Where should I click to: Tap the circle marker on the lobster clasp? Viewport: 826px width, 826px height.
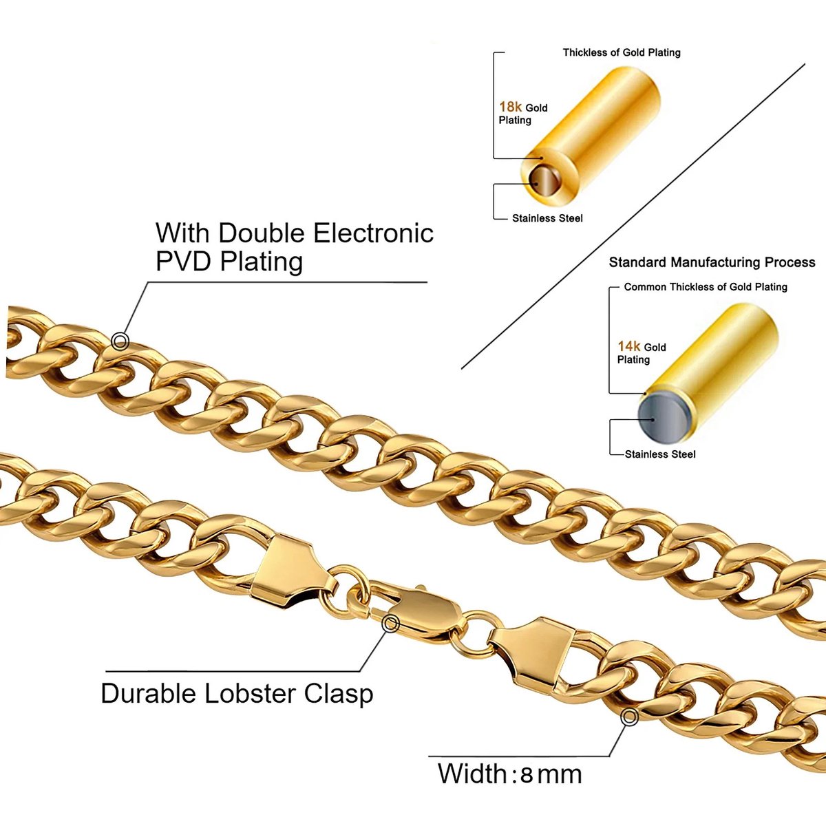(391, 624)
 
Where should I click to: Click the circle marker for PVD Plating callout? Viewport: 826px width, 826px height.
(120, 341)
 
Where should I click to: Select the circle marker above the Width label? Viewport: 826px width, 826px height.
(629, 717)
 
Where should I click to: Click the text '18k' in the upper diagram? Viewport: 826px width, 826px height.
(511, 107)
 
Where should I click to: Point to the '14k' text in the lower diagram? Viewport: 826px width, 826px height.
(629, 346)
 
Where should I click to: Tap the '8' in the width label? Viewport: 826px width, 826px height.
(527, 775)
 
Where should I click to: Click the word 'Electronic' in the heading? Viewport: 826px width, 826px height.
(374, 233)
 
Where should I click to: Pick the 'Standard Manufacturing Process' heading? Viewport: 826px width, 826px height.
(712, 262)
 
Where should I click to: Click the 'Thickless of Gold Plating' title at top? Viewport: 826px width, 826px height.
(622, 52)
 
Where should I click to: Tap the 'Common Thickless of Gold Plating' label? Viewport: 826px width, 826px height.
(706, 287)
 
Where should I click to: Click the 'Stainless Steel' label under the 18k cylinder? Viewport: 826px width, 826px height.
(547, 218)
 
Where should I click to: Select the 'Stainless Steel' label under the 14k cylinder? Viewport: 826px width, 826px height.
(660, 454)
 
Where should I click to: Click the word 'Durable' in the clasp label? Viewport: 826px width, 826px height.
(149, 693)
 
